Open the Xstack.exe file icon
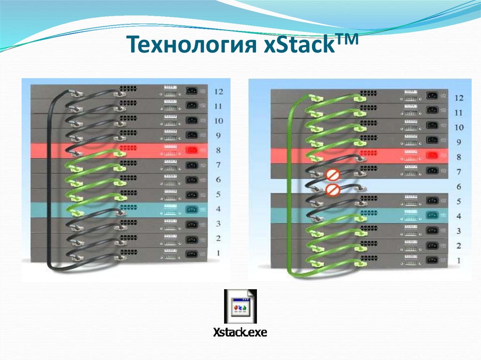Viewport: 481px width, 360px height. pos(240,306)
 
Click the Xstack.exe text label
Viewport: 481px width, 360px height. pos(240,333)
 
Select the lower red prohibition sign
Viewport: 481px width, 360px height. pos(333,190)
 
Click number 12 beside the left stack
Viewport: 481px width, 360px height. pos(218,92)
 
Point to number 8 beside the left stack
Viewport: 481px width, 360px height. pos(218,150)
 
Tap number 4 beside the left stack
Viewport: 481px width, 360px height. pos(218,209)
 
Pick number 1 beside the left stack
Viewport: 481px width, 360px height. pos(218,253)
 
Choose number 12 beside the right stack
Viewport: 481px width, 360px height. pos(459,98)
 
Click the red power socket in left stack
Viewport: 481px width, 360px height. pos(192,150)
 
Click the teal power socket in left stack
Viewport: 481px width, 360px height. pos(192,209)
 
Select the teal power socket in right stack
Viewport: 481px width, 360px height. pos(432,215)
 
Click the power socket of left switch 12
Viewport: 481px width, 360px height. pos(192,91)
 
